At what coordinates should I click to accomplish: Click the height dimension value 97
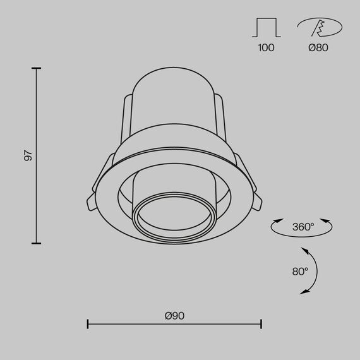point(28,155)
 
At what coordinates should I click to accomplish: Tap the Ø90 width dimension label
point(174,316)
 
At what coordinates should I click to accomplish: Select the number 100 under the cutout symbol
point(267,47)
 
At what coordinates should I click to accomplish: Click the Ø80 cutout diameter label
point(319,47)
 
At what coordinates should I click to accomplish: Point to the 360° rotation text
point(303,227)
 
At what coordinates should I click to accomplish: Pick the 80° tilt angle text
point(300,272)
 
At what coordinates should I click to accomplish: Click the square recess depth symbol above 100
point(267,28)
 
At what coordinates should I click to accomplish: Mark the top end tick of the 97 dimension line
point(36,68)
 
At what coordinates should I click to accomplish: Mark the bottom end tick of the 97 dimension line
point(36,243)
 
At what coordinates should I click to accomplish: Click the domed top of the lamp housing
point(171,79)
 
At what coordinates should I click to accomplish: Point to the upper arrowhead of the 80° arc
point(305,251)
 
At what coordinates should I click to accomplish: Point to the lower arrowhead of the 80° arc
point(304,292)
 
